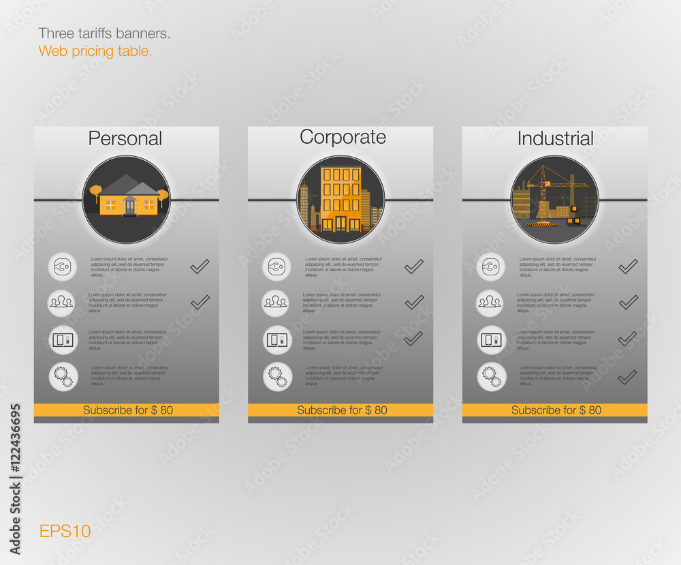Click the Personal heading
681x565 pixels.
[x=125, y=138]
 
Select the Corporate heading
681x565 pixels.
[x=343, y=137]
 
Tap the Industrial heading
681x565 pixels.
[x=555, y=138]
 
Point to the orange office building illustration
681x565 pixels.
[x=340, y=198]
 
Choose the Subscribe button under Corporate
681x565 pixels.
[x=341, y=410]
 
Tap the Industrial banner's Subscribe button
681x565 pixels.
[x=556, y=410]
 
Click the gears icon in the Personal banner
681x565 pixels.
[x=63, y=376]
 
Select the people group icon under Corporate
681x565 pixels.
[x=276, y=303]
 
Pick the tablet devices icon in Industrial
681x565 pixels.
[x=491, y=339]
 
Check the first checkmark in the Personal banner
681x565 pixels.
[x=200, y=266]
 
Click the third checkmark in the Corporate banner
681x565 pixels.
[x=413, y=339]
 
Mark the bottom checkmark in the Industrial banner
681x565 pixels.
[x=627, y=377]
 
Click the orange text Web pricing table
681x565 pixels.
[x=95, y=51]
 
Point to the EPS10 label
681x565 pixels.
[x=65, y=531]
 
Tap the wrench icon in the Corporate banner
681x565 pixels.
[x=276, y=266]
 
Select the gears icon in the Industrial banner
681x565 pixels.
[x=491, y=376]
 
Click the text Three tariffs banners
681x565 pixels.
[x=104, y=33]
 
